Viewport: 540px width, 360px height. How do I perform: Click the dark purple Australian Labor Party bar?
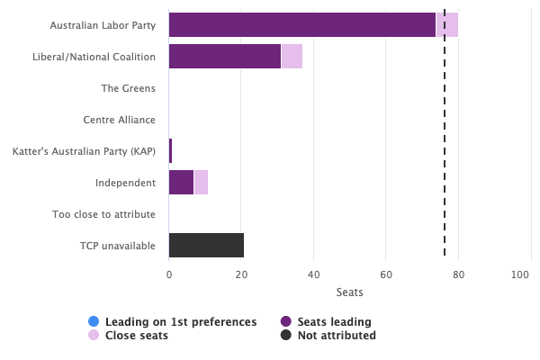pos(301,25)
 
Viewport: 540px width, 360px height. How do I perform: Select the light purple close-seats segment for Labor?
pos(447,25)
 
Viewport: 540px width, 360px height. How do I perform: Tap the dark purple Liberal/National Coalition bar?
pos(224,57)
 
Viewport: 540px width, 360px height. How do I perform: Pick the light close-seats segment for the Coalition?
pos(292,57)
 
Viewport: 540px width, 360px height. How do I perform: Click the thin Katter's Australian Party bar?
pos(170,151)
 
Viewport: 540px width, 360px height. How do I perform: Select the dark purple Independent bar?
pos(181,183)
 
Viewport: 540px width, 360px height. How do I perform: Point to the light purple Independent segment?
pos(201,183)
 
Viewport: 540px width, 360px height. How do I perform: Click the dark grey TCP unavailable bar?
pos(206,246)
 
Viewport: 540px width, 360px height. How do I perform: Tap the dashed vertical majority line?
pos(445,135)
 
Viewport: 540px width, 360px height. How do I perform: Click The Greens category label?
pos(128,88)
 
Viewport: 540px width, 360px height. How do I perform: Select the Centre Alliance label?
pos(119,120)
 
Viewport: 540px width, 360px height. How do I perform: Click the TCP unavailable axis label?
pos(117,246)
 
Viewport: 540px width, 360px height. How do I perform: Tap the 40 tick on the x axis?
pos(313,274)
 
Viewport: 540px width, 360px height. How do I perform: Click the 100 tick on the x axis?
pos(520,274)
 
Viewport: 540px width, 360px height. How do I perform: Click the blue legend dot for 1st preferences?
pos(94,321)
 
